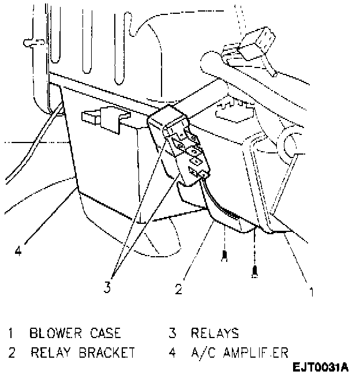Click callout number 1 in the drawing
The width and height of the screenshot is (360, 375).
(x=312, y=291)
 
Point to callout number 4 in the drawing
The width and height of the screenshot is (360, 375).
(x=19, y=251)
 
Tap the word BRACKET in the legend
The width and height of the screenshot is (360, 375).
(x=107, y=352)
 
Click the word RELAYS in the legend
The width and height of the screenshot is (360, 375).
(x=215, y=333)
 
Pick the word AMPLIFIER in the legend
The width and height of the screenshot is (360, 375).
(x=258, y=352)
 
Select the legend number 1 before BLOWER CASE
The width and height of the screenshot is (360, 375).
(x=10, y=333)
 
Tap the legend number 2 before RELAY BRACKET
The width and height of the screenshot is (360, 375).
(x=10, y=352)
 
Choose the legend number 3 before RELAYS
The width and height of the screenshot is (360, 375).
(x=172, y=333)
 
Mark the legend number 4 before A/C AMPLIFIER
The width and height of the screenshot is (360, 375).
(x=172, y=352)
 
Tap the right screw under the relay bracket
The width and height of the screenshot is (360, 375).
(x=254, y=271)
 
